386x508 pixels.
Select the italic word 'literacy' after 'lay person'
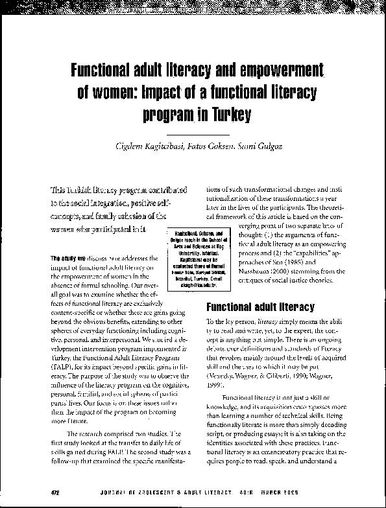tap(261, 321)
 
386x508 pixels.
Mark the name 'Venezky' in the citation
tap(221, 375)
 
